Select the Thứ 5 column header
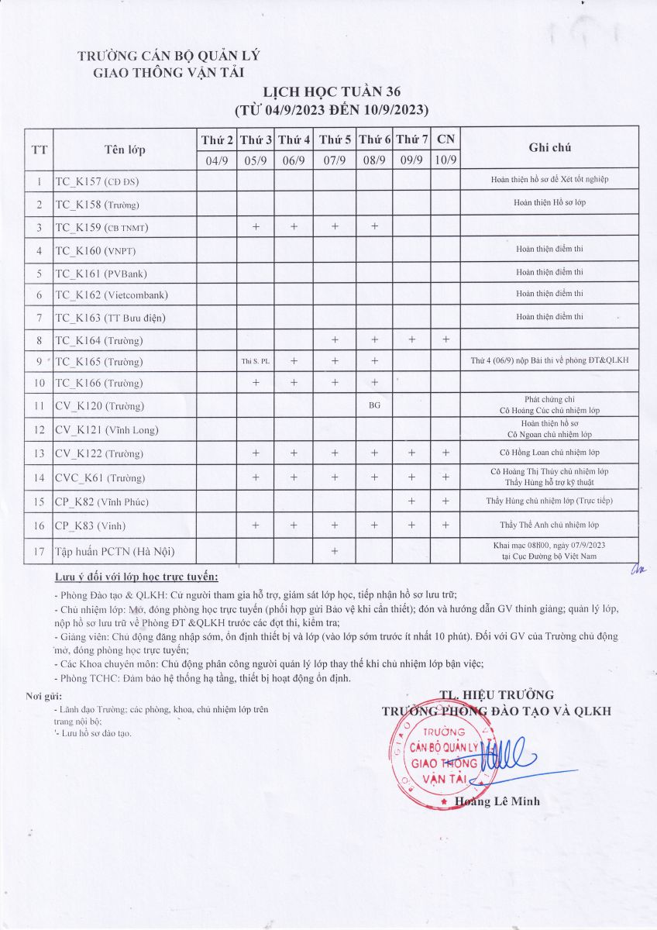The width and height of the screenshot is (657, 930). (335, 139)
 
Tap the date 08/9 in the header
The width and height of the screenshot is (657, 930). (375, 160)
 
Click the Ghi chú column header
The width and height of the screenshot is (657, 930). (550, 147)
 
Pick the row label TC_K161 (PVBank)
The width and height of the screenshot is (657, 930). (101, 274)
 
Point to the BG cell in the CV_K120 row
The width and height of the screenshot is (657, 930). (375, 405)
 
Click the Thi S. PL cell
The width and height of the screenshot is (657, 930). (256, 361)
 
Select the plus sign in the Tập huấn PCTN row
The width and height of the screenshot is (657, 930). (335, 551)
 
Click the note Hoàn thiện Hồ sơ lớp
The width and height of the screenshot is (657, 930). (550, 202)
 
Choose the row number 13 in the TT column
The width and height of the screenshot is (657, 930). (39, 453)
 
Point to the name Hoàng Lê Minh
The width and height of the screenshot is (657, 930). (498, 801)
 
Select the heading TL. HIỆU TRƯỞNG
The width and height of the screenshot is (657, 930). (497, 694)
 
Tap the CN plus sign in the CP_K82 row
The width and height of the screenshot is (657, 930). (445, 501)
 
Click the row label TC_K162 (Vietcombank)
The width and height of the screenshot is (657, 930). (112, 295)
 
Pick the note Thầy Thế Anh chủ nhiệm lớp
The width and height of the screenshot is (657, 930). (549, 525)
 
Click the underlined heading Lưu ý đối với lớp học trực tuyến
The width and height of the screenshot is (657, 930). (137, 577)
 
